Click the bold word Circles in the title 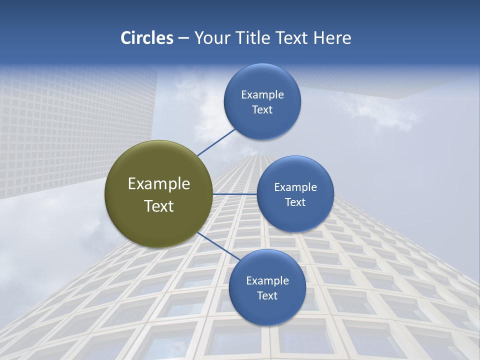point(146,38)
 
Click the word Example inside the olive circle point(159,184)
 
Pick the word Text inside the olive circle point(159,206)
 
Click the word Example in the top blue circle point(262,95)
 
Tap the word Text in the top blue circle point(262,110)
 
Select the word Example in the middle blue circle point(295,187)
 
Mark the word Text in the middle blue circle point(295,202)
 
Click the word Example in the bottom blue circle point(267,281)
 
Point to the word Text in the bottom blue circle point(267,296)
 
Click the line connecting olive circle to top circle point(216,142)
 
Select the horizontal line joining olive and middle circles point(235,194)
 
